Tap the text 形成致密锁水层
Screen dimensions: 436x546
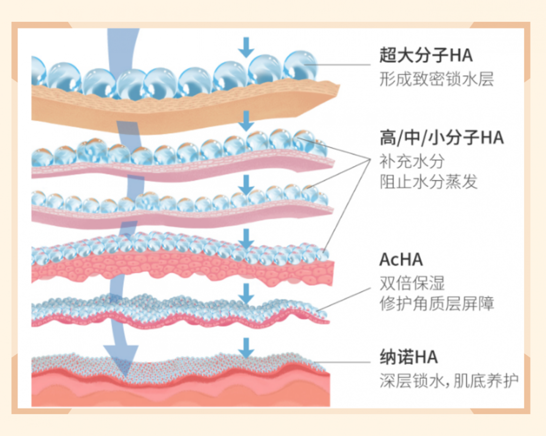[436, 79]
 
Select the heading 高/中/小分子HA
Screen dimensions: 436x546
[441, 137]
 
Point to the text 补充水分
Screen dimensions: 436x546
[412, 162]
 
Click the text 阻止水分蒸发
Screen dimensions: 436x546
[429, 182]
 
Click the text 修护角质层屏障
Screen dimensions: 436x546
[437, 303]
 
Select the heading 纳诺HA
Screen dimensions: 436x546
[408, 357]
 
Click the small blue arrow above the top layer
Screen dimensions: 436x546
[246, 47]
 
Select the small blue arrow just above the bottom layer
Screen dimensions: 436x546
[246, 348]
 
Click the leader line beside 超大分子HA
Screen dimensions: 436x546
[344, 64]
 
